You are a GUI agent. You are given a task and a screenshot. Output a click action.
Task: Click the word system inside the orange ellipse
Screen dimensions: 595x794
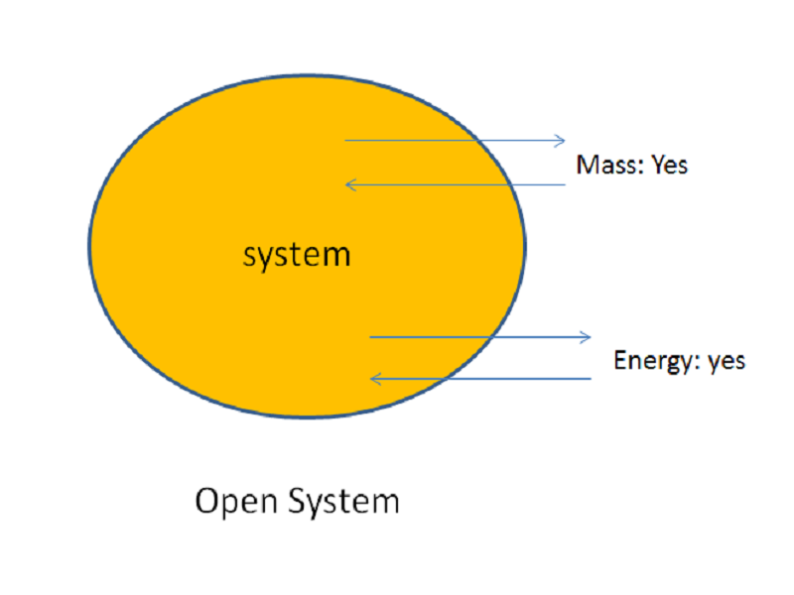297,255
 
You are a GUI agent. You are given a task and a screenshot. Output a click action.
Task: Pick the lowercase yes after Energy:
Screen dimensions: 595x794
726,361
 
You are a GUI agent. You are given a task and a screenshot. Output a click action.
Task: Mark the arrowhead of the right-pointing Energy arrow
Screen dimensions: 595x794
588,337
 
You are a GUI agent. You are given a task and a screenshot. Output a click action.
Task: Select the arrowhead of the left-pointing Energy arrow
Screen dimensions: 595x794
373,379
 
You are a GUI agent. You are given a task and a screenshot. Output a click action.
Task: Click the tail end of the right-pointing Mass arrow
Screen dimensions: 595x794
345,141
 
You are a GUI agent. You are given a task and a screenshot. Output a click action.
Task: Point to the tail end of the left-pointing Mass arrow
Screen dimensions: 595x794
565,184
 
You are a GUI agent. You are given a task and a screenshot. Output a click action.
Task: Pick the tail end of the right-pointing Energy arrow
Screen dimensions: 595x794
370,337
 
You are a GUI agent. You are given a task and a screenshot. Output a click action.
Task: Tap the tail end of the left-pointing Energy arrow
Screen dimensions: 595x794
591,379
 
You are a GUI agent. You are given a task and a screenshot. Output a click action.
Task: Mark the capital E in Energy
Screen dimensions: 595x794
620,360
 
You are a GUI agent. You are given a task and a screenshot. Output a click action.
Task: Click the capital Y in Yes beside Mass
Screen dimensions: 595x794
657,165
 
